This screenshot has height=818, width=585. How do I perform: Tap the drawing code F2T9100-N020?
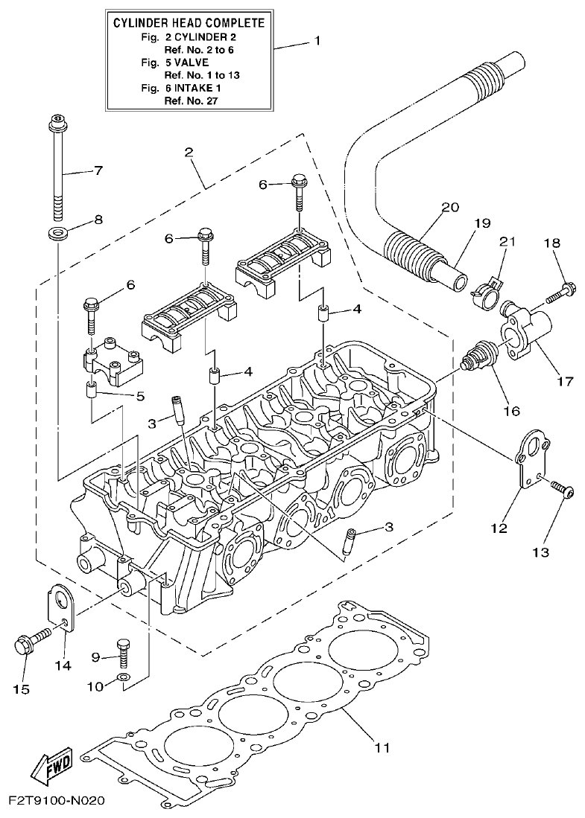57,802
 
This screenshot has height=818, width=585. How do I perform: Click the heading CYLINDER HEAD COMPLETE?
189,23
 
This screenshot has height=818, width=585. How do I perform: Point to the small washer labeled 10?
124,677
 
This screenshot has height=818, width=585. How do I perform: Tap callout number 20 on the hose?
451,208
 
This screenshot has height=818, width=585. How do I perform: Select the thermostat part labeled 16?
479,355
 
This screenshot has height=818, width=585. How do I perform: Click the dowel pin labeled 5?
92,390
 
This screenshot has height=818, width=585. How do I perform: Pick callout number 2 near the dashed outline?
189,153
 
